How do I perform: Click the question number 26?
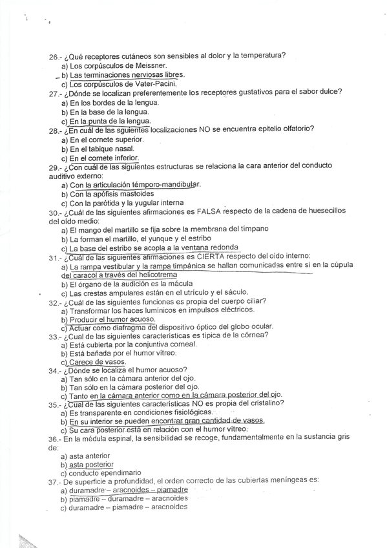pyautogui.click(x=54, y=56)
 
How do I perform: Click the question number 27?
pyautogui.click(x=54, y=93)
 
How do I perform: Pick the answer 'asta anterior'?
pyautogui.click(x=90, y=456)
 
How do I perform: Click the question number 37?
pyautogui.click(x=54, y=481)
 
